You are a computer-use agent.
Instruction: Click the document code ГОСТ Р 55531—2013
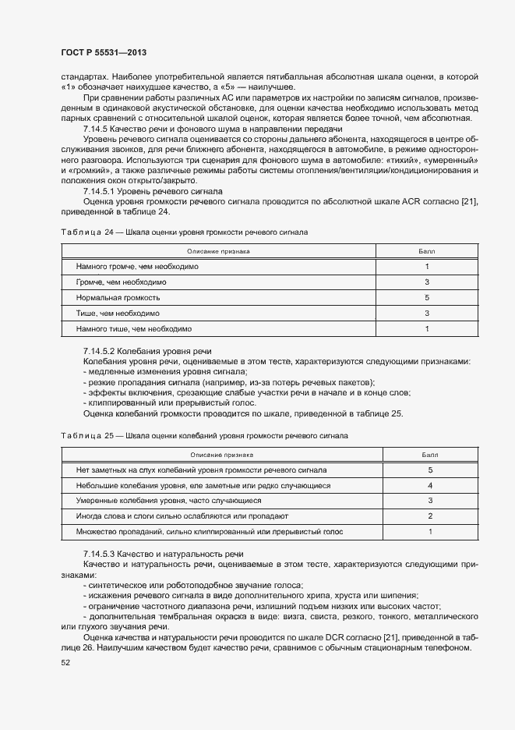(x=103, y=51)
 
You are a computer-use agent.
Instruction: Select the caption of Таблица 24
(x=184, y=232)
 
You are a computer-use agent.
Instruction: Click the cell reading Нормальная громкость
(x=118, y=298)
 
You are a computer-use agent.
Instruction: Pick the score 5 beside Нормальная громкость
(x=427, y=298)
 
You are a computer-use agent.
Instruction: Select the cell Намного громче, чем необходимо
(x=137, y=267)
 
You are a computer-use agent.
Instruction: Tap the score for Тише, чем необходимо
(x=427, y=314)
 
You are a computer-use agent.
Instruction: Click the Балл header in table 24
(x=427, y=251)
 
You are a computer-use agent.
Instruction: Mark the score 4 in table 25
(x=430, y=486)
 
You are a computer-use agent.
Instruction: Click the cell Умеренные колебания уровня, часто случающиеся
(x=168, y=501)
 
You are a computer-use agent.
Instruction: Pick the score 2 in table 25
(x=430, y=516)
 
